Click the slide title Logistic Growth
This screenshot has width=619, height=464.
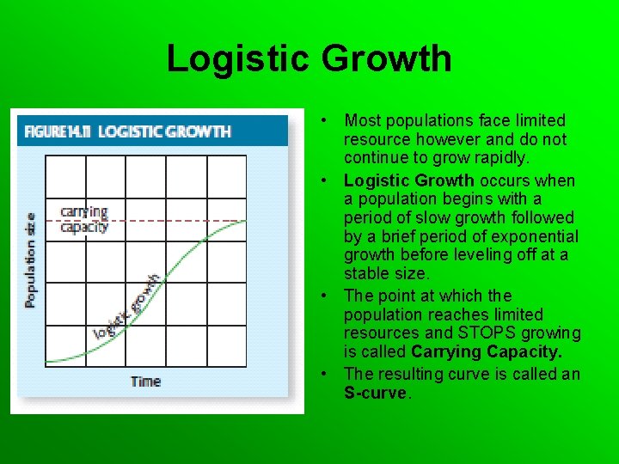pyautogui.click(x=309, y=58)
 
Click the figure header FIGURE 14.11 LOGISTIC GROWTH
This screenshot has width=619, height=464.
pyautogui.click(x=127, y=131)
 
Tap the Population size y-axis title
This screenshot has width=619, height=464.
pyautogui.click(x=31, y=259)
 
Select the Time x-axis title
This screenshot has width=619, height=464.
pyautogui.click(x=145, y=382)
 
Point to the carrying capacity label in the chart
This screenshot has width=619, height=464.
pyautogui.click(x=84, y=220)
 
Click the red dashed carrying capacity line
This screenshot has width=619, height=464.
pyautogui.click(x=189, y=221)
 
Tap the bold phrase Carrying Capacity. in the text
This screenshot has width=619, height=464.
pyautogui.click(x=486, y=351)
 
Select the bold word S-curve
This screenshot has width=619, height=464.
pyautogui.click(x=377, y=393)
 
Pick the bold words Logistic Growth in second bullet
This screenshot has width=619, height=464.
pyautogui.click(x=408, y=180)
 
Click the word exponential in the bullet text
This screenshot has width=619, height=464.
pyautogui.click(x=539, y=236)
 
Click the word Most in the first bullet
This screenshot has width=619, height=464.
pyautogui.click(x=361, y=120)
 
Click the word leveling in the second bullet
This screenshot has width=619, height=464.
pyautogui.click(x=473, y=255)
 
